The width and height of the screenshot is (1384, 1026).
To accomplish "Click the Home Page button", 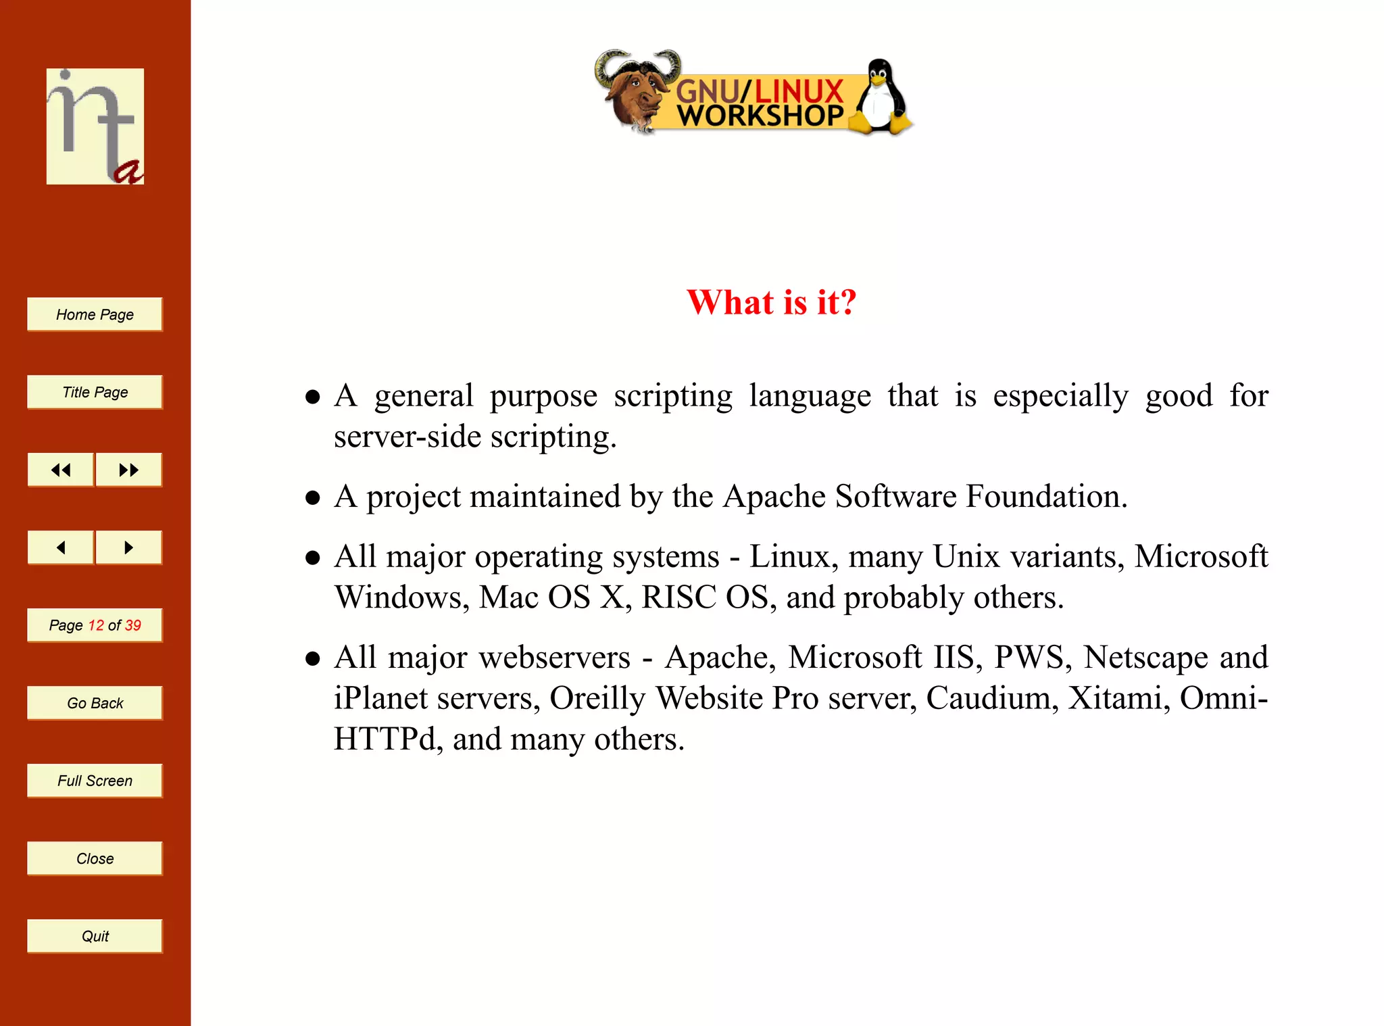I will point(95,314).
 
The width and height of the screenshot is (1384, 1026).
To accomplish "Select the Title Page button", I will point(95,392).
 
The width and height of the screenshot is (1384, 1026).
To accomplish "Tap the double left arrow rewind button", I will point(61,470).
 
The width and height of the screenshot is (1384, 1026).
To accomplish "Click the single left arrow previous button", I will point(61,547).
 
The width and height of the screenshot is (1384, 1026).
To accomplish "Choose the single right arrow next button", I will point(128,547).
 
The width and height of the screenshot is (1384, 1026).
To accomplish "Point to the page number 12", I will point(96,625).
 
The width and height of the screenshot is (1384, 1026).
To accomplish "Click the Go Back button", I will point(95,703).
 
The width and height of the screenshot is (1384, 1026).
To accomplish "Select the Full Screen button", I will point(95,781).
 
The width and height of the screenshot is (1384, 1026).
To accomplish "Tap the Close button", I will point(95,858).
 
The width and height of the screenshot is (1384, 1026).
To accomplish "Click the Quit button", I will point(95,936).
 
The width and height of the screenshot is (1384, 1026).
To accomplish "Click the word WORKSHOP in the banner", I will point(760,116).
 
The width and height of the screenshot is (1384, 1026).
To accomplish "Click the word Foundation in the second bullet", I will point(1046,496).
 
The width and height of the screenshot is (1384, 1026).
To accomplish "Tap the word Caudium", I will point(988,698).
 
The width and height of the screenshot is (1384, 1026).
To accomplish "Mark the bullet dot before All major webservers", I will point(312,658).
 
